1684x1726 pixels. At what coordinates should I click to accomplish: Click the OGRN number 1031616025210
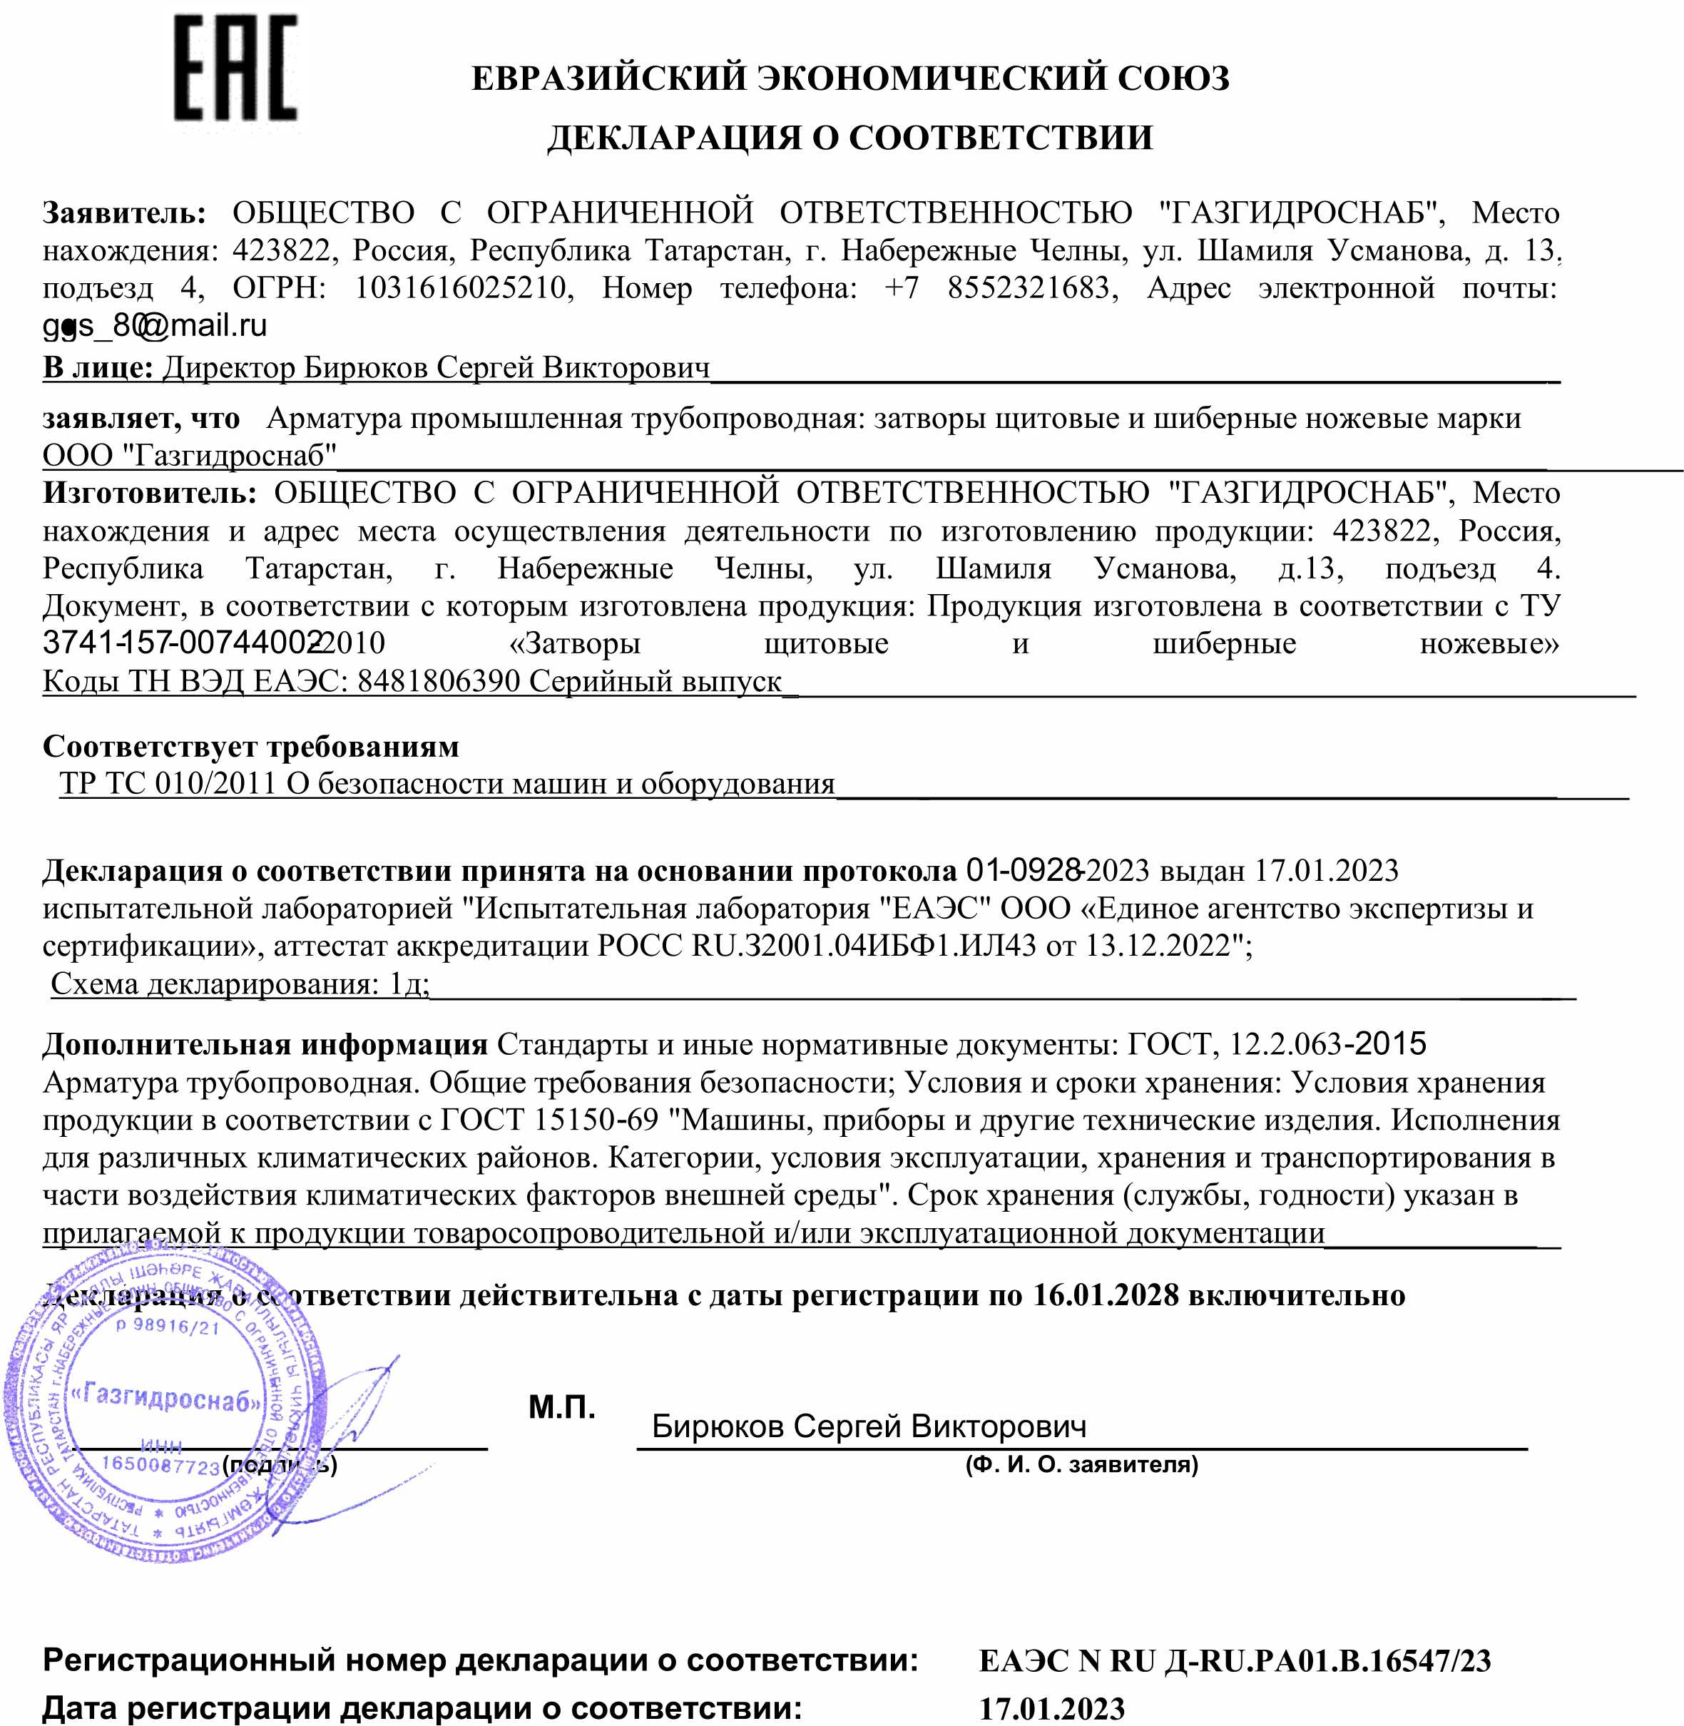460,288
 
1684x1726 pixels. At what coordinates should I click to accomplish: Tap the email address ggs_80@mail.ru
155,325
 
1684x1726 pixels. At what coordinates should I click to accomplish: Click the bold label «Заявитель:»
125,213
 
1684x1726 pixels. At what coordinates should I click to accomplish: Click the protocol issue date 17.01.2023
1327,871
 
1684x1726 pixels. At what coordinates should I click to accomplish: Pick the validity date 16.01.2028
1106,1295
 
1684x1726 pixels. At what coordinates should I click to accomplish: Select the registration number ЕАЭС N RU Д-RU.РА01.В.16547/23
1235,1660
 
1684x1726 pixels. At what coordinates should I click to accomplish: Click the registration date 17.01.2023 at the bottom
1051,1708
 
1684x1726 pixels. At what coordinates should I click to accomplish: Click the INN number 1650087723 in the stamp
160,1465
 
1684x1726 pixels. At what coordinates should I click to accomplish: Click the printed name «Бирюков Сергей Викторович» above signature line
869,1426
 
